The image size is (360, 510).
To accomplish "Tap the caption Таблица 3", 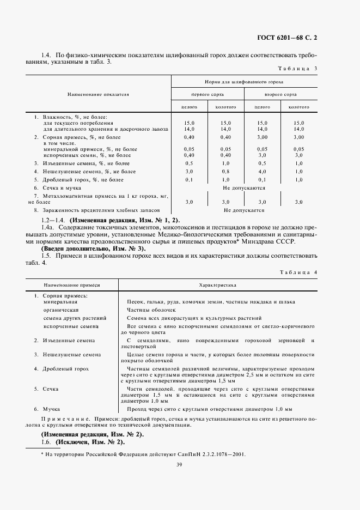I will pyautogui.click(x=297, y=69).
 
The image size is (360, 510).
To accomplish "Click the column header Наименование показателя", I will pyautogui.click(x=98, y=94).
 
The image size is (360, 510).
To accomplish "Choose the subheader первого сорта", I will pyautogui.click(x=208, y=94).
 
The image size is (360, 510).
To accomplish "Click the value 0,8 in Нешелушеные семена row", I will pyautogui.click(x=225, y=171).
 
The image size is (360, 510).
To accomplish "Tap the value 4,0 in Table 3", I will pyautogui.click(x=262, y=171).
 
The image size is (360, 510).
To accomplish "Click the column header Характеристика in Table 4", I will pyautogui.click(x=217, y=284).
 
